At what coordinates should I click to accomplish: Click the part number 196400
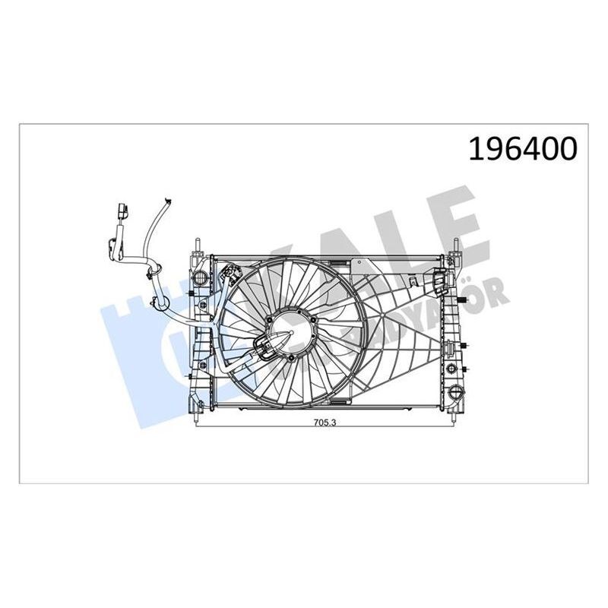point(523,149)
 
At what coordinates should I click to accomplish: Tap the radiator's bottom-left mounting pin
point(195,416)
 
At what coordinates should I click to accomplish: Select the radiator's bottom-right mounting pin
point(455,416)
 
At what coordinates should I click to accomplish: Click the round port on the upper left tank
point(201,275)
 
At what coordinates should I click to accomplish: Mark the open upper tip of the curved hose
point(165,202)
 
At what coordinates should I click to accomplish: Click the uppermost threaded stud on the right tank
point(463,303)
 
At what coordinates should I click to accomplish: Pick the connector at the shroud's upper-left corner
point(227,271)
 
